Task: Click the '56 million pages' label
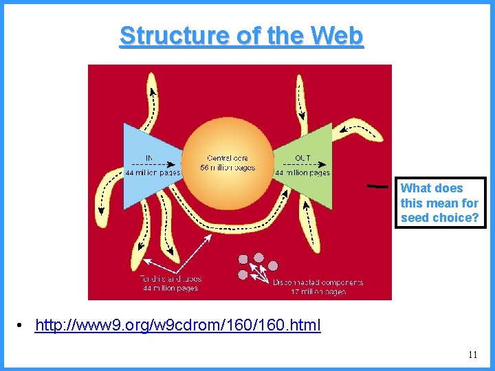(x=228, y=168)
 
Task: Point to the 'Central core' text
(x=228, y=159)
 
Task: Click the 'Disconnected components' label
(x=318, y=282)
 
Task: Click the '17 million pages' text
(x=318, y=291)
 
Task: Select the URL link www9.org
(x=177, y=325)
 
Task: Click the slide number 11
(x=472, y=355)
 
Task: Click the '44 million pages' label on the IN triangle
(x=153, y=172)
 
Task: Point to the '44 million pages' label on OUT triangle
(x=302, y=172)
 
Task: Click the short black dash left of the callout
(x=375, y=185)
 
